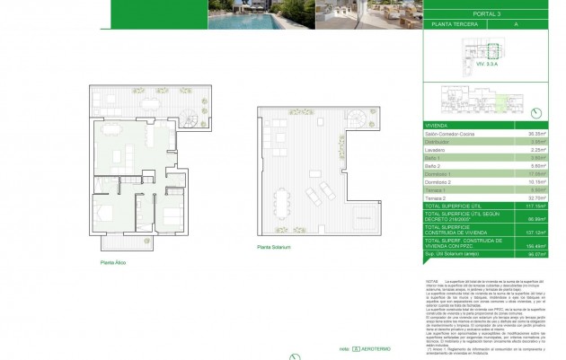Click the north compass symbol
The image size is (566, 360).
(x=536, y=112)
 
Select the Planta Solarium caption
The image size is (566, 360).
(x=274, y=245)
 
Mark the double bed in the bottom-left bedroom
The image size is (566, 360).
(x=104, y=215)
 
